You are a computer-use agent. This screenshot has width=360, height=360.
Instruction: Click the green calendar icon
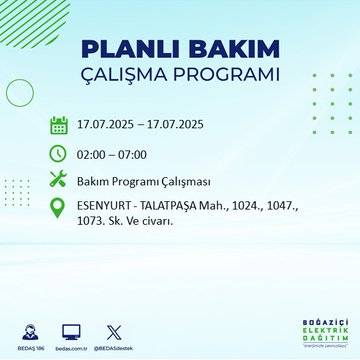point(59,126)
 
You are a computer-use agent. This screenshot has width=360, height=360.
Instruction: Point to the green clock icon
point(59,153)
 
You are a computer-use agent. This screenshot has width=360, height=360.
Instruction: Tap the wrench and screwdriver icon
point(59,180)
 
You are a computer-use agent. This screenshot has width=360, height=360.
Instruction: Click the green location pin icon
point(59,210)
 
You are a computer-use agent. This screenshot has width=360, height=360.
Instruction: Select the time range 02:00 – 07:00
point(112,153)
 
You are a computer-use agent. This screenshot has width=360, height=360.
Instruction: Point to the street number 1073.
point(93,222)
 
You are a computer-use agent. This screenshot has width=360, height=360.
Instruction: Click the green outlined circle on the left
point(20,92)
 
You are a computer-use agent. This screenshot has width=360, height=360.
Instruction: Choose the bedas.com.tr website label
point(71,347)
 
